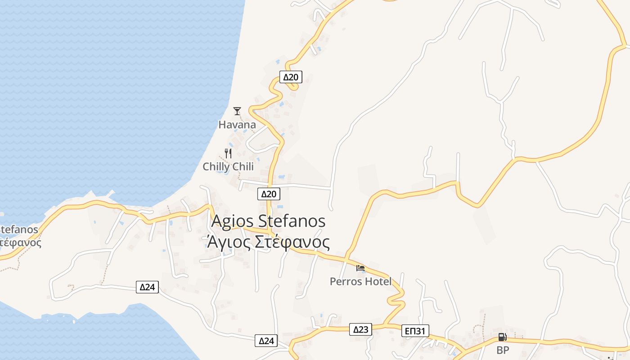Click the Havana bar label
pyautogui.click(x=237, y=125)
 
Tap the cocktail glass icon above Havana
pyautogui.click(x=237, y=111)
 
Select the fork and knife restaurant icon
pyautogui.click(x=228, y=153)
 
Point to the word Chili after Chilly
pyautogui.click(x=243, y=167)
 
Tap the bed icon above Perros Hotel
pyautogui.click(x=360, y=268)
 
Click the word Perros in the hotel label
pyautogui.click(x=346, y=282)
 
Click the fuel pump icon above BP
pyautogui.click(x=502, y=337)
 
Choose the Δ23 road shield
pyautogui.click(x=360, y=330)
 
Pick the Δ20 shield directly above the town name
pyautogui.click(x=269, y=194)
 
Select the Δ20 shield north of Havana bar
pyautogui.click(x=290, y=77)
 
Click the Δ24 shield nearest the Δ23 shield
pyautogui.click(x=266, y=341)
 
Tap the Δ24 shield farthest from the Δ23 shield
pyautogui.click(x=148, y=287)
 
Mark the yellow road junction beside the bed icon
pyautogui.click(x=346, y=259)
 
